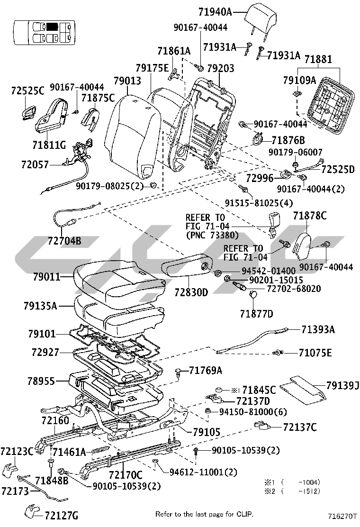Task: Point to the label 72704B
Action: point(64,241)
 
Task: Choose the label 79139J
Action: point(342,385)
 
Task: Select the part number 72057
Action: point(35,164)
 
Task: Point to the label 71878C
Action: point(309,216)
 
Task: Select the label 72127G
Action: point(61,515)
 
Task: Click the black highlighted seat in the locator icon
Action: point(53,27)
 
